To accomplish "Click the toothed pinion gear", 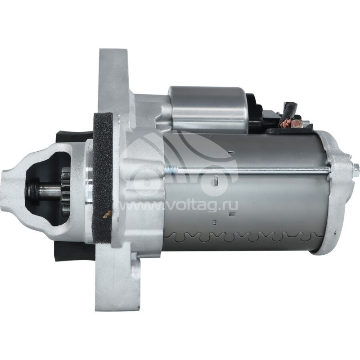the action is (x=65, y=190).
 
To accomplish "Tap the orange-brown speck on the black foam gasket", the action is (x=107, y=214).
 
